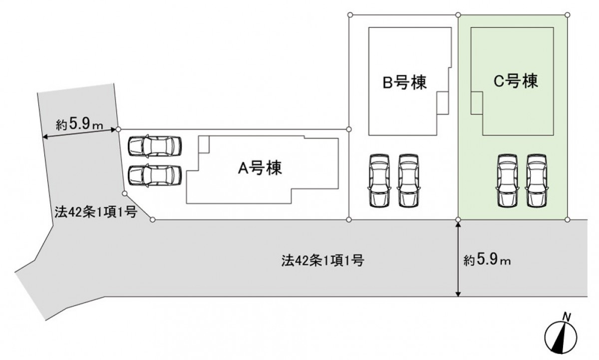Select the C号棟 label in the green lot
click(x=516, y=81)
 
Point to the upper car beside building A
click(x=154, y=146)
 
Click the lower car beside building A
click(x=154, y=175)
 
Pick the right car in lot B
click(x=408, y=180)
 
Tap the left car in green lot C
click(x=508, y=180)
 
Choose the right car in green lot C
click(x=536, y=180)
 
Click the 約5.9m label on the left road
click(x=79, y=125)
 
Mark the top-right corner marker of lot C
click(x=568, y=14)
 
